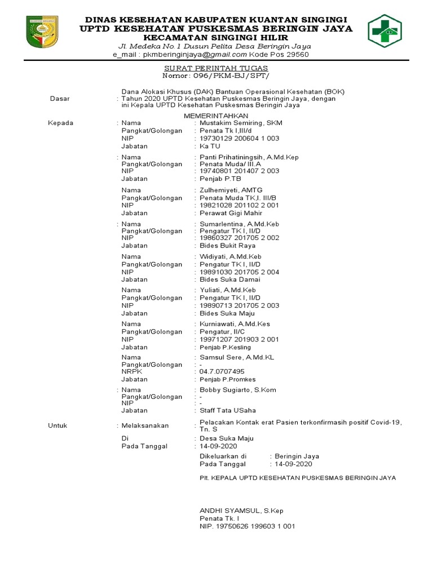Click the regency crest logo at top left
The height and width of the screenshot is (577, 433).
(42, 31)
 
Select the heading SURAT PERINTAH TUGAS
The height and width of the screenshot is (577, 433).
(216, 68)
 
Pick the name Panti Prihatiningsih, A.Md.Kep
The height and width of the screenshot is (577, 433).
(249, 157)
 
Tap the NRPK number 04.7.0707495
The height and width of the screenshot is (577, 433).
(222, 371)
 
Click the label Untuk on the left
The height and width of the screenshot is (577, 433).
(58, 425)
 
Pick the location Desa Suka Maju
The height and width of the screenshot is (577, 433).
(227, 438)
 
